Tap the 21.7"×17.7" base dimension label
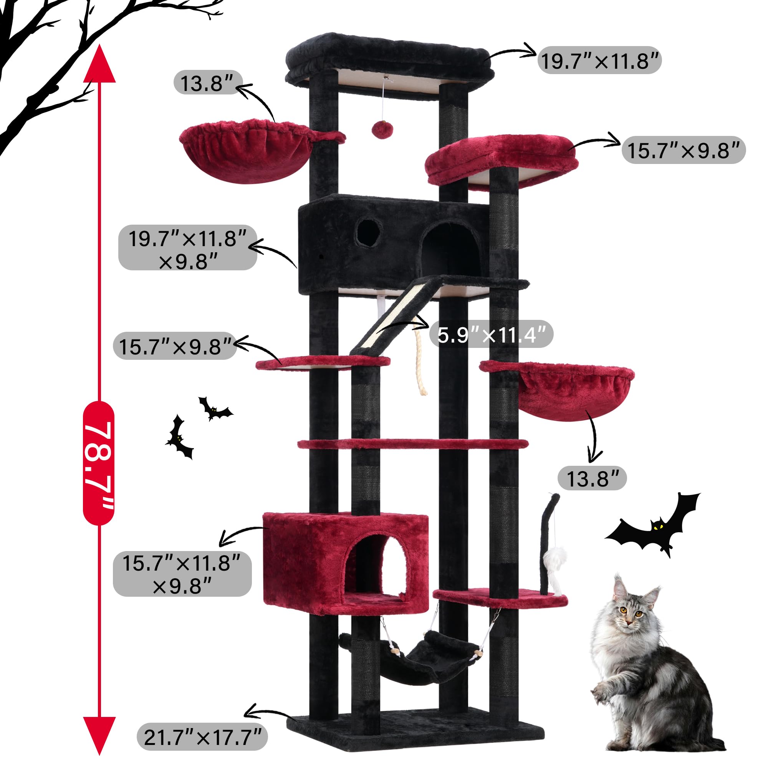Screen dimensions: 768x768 click(x=202, y=737)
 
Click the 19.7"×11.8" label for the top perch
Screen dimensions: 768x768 click(x=599, y=60)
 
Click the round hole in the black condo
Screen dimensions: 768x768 click(x=368, y=232)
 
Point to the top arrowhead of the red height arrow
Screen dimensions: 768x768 click(x=99, y=64)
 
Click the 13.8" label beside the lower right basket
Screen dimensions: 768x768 click(x=592, y=478)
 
